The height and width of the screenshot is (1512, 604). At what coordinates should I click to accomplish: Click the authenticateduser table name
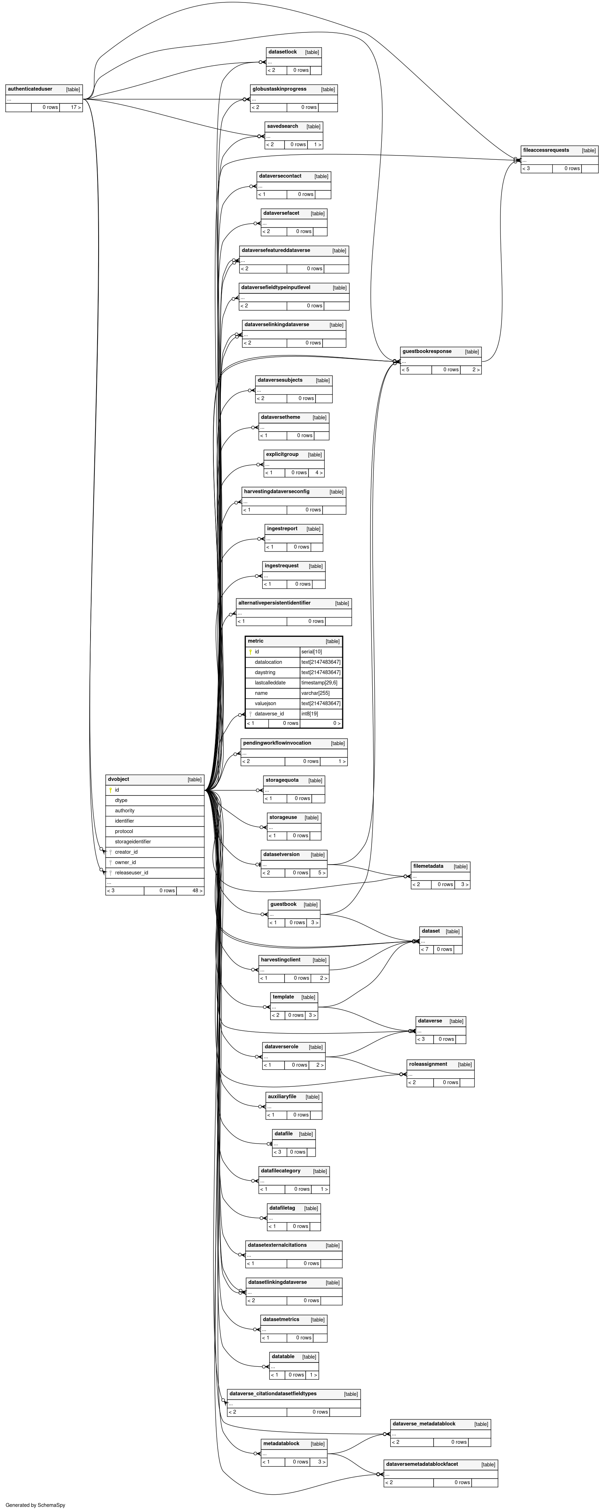point(30,89)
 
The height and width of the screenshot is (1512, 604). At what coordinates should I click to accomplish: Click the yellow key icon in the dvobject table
point(110,790)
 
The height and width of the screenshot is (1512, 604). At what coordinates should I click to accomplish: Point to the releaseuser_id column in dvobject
point(131,873)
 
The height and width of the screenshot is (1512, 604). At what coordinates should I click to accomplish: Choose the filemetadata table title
point(428,866)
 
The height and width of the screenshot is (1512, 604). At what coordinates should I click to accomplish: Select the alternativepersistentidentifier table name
point(274,603)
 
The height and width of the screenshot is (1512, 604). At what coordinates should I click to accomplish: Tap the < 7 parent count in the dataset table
point(424,949)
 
